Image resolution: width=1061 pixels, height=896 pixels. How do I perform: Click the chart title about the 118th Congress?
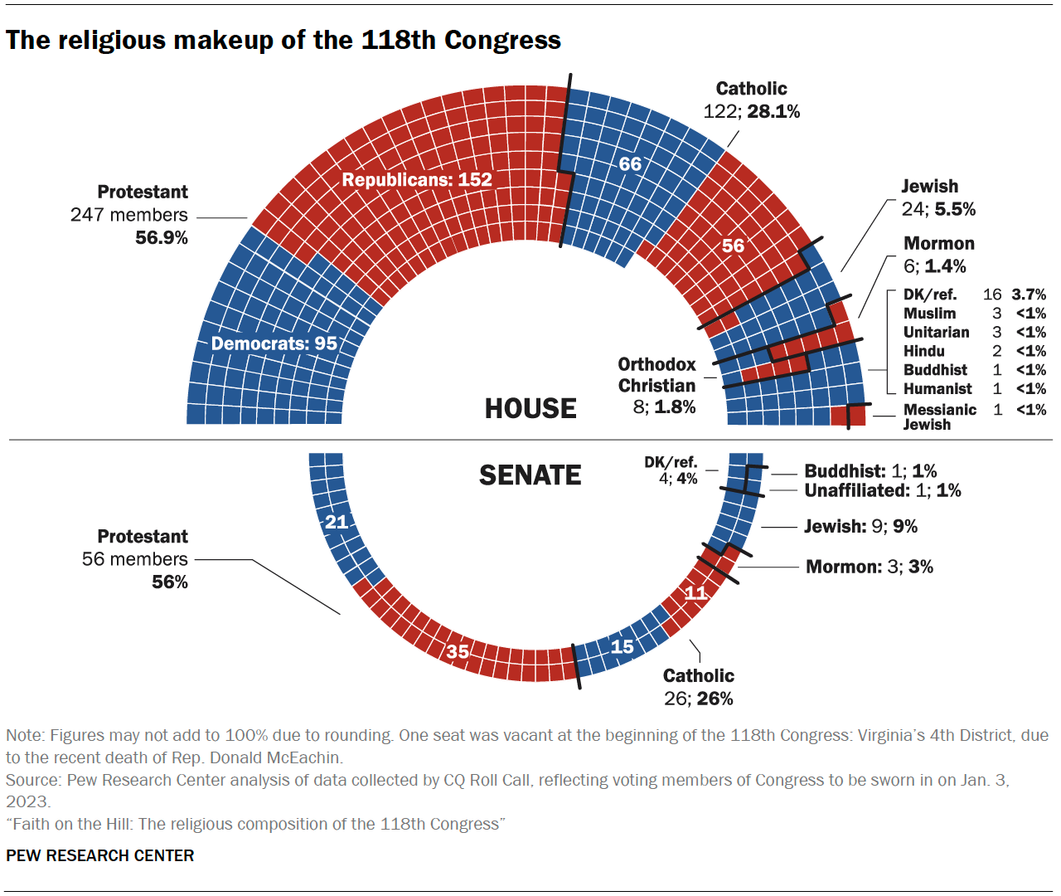[283, 40]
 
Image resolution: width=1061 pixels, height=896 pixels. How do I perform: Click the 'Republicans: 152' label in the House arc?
[417, 180]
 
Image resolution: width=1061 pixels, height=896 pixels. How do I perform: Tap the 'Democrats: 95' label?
[274, 343]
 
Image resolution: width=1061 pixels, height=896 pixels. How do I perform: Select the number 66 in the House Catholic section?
[630, 164]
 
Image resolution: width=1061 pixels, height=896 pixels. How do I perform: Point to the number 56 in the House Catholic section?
[733, 246]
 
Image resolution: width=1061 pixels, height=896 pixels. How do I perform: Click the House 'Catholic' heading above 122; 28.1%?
[751, 89]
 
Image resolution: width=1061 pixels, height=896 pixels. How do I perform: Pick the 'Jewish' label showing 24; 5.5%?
[929, 187]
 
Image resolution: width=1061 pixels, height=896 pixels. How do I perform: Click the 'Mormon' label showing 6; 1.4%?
[938, 244]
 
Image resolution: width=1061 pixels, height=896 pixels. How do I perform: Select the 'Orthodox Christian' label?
[656, 375]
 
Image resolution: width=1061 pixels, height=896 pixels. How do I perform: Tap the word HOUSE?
[530, 409]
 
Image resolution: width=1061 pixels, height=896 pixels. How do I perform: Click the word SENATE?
[530, 475]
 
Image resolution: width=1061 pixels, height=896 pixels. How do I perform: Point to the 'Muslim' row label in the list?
[929, 314]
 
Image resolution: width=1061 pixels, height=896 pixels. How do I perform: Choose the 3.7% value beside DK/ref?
[1028, 295]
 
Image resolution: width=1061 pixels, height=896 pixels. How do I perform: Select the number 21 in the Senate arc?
[337, 522]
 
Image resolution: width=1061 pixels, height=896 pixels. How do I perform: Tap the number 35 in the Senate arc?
[458, 651]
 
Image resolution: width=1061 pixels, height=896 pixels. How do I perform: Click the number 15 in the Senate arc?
[622, 646]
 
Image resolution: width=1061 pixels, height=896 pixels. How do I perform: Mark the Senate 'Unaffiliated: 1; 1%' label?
[882, 490]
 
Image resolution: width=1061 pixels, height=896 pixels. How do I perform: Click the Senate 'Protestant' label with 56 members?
[143, 537]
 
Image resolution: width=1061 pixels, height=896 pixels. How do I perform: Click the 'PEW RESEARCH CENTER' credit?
[100, 855]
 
